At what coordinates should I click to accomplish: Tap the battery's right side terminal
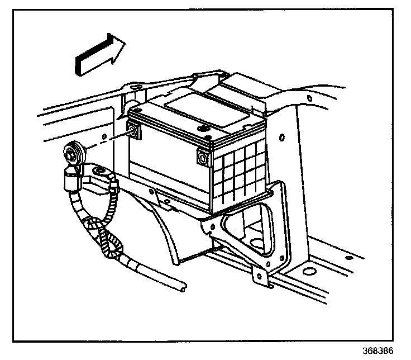coord(203,159)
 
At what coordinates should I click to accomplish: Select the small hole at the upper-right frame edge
coord(308,97)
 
